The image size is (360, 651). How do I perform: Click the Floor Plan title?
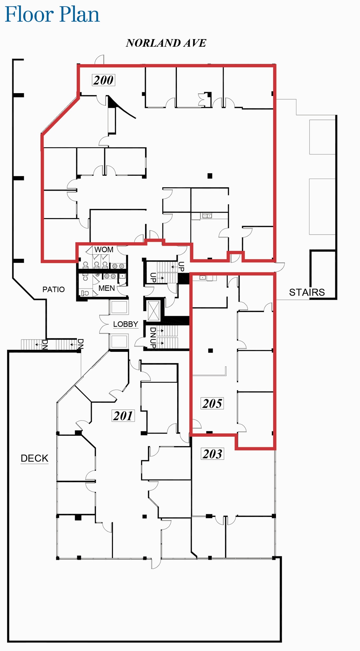coord(52,15)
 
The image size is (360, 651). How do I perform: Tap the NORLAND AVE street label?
coord(166,43)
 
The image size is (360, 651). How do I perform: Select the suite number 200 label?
coord(103,80)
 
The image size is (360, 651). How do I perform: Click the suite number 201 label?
coord(123,416)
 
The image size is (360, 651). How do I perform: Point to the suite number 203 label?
coord(212,454)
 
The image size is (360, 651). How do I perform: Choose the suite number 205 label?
coord(212,404)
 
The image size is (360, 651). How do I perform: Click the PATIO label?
coord(53,289)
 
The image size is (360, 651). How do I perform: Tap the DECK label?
coord(34,458)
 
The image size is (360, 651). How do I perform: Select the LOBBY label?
coord(126,324)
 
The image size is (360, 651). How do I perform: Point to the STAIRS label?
coord(307,292)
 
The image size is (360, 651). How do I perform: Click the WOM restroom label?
coord(104,250)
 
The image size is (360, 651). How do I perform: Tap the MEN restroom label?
coord(107,288)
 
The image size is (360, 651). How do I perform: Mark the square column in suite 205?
coord(210,351)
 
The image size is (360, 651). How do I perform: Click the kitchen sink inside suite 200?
coord(207,216)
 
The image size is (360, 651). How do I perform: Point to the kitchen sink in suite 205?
coord(203,278)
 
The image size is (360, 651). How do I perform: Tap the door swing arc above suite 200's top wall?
coord(100,59)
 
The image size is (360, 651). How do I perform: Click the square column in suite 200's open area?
coord(210,176)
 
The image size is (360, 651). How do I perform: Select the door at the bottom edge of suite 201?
coord(156,563)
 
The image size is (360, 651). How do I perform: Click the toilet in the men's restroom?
coord(85,293)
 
